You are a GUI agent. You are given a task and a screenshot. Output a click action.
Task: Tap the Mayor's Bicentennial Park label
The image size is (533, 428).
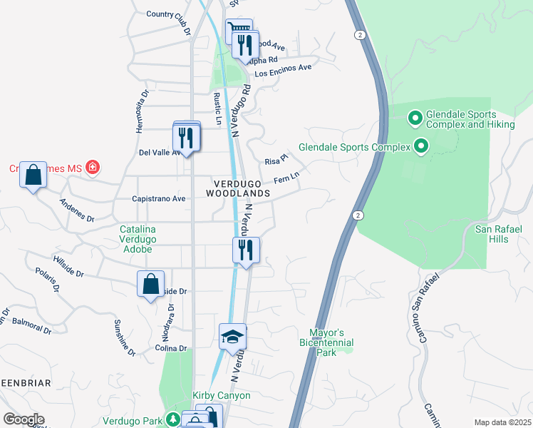tap(326, 342)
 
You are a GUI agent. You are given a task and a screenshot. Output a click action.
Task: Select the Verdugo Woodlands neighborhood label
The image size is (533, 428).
tap(239, 188)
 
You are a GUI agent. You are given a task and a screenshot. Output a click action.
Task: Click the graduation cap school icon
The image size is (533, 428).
tap(232, 336)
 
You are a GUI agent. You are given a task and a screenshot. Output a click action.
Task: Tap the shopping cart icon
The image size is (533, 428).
tap(238, 31)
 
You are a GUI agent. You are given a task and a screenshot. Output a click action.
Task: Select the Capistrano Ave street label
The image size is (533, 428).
tap(158, 199)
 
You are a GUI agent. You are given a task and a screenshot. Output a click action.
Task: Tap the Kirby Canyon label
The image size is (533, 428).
tap(222, 395)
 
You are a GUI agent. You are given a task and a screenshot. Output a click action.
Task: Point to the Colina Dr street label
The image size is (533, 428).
tap(170, 348)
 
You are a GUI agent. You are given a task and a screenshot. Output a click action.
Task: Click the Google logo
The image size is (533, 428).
tap(24, 419)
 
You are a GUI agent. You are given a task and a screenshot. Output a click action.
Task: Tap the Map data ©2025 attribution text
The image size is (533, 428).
tap(502, 422)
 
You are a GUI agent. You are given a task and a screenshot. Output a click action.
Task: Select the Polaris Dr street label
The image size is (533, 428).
tap(48, 280)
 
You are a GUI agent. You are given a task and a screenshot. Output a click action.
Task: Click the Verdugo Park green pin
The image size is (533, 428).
tap(172, 419)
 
